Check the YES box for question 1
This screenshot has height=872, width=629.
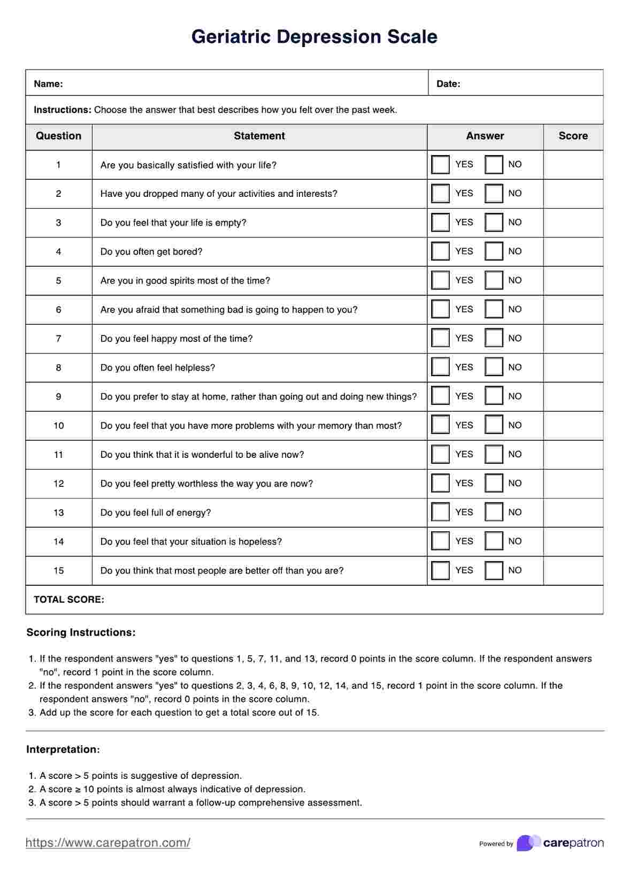pyautogui.click(x=440, y=165)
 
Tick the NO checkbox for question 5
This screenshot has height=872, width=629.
pyautogui.click(x=494, y=280)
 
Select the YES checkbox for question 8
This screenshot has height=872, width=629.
pyautogui.click(x=440, y=368)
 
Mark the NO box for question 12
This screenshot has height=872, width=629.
pyautogui.click(x=494, y=483)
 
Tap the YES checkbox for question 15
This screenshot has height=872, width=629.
pyautogui.click(x=440, y=570)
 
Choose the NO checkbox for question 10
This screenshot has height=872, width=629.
pyautogui.click(x=494, y=425)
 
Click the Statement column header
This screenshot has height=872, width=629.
pyautogui.click(x=259, y=136)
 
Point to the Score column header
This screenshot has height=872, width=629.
pyautogui.click(x=573, y=136)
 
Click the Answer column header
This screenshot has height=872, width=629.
pyautogui.click(x=485, y=136)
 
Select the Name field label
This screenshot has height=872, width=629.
pyautogui.click(x=48, y=84)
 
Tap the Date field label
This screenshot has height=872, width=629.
pyautogui.click(x=448, y=84)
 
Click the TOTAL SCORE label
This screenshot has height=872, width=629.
pyautogui.click(x=69, y=600)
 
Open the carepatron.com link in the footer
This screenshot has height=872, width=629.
pyautogui.click(x=108, y=843)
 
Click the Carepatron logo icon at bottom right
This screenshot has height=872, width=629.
pyautogui.click(x=528, y=843)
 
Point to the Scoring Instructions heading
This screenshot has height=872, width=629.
pyautogui.click(x=81, y=632)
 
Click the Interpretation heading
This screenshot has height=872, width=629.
pyautogui.click(x=63, y=749)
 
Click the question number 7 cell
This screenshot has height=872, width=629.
pyautogui.click(x=58, y=339)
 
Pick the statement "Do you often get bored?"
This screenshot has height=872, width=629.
pyautogui.click(x=151, y=252)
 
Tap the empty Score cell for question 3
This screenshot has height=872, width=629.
pyautogui.click(x=573, y=223)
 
